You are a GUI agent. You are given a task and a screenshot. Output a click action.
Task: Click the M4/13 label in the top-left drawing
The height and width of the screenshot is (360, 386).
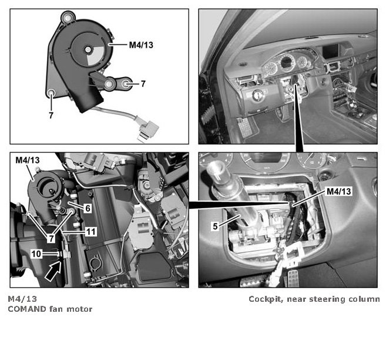coord(141,45)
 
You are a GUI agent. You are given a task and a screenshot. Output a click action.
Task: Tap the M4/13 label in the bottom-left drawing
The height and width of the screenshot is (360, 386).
coord(28,160)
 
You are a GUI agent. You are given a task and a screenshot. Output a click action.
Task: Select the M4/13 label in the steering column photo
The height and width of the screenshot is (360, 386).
coord(339,191)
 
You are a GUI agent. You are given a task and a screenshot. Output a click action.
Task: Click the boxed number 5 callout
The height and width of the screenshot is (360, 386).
coord(216,226)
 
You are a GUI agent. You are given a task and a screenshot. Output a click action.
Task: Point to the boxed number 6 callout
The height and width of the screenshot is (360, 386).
coord(88,208)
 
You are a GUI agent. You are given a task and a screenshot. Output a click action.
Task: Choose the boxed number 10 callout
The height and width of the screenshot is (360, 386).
coord(36,254)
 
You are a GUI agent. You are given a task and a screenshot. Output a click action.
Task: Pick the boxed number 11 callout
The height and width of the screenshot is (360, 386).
coord(91,232)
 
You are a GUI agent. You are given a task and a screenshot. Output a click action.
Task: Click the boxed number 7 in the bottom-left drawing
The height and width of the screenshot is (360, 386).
coord(51,238)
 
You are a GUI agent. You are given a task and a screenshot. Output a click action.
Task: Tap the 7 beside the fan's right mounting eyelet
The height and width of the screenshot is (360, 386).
coord(143,84)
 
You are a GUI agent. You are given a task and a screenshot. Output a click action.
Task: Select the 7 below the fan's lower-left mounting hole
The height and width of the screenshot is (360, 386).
coord(51,115)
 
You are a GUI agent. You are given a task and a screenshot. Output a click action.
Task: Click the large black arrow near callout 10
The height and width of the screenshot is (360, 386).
coord(53,272)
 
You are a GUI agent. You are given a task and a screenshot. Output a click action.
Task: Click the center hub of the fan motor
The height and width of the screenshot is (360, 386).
coord(88,49)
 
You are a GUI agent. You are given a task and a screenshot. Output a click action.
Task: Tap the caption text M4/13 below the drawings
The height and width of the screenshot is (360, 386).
coord(22,299)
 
